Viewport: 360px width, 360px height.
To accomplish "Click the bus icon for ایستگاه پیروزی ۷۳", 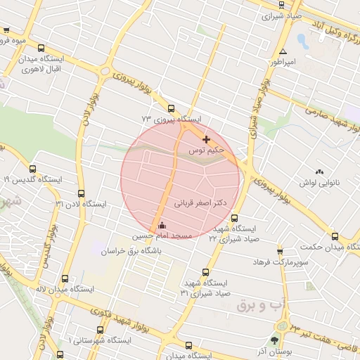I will point(171,108).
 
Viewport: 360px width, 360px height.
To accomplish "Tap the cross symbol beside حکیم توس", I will point(205,139).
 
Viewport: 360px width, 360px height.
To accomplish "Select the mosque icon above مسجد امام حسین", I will point(162,225).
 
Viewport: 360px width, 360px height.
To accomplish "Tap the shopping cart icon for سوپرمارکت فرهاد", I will point(280,251).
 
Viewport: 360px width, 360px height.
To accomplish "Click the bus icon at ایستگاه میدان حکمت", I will point(334,237).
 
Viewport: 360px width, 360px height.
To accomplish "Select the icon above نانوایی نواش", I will point(320,172).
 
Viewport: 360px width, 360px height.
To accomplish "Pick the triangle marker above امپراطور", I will point(283,52).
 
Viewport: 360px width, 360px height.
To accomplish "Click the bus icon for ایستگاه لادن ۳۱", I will point(81,193).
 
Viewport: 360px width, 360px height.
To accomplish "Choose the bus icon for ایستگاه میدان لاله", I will point(65,278).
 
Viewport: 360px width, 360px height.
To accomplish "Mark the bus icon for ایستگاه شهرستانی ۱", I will point(99,329).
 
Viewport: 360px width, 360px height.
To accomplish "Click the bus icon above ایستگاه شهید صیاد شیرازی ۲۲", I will point(234,218).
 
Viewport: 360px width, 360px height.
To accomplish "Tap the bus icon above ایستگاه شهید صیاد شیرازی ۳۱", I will point(205,271).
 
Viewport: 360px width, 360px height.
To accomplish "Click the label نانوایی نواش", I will point(320,183).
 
